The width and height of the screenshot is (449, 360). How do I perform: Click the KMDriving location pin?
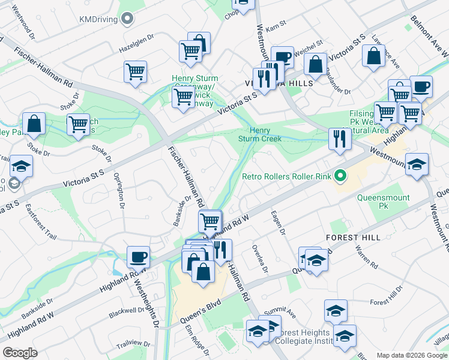127,19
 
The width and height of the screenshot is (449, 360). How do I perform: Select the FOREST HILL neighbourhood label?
353,238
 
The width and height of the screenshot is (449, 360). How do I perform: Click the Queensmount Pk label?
383,202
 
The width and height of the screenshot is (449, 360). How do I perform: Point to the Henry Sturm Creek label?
261,135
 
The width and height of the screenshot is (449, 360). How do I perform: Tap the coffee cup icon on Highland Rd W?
138,257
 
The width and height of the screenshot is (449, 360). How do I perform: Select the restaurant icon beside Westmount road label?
340,139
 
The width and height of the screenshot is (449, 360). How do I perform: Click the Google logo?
20,353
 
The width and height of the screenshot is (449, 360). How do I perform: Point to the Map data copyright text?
412,355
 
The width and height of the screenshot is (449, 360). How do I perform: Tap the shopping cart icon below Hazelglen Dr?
136,71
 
